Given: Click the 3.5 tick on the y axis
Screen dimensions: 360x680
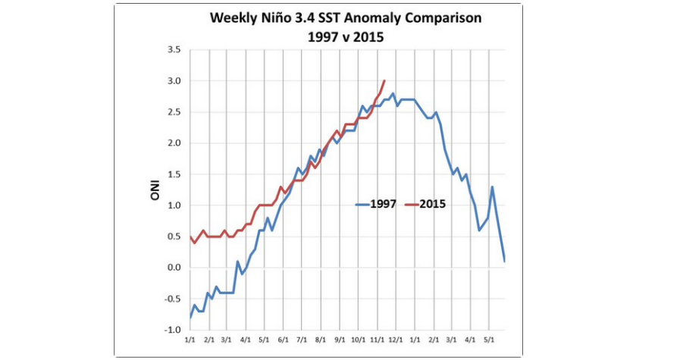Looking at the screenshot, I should pyautogui.click(x=174, y=50).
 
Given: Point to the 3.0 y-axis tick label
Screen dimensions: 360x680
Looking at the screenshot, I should pyautogui.click(x=174, y=81).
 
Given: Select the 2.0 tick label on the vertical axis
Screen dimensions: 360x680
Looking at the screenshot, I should pyautogui.click(x=174, y=143).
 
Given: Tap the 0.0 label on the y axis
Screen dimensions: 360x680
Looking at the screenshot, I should pyautogui.click(x=174, y=268).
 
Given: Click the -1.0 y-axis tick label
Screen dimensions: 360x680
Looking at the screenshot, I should pyautogui.click(x=172, y=330).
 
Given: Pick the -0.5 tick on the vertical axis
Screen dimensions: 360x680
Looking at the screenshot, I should pyautogui.click(x=172, y=299).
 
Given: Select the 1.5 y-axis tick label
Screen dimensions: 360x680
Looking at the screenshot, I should pyautogui.click(x=174, y=174).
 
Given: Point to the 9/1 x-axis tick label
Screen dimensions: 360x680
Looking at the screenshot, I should pyautogui.click(x=340, y=341).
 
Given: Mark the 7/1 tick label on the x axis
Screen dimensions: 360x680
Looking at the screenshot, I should pyautogui.click(x=302, y=341).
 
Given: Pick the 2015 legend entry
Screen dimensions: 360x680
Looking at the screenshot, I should pyautogui.click(x=430, y=204).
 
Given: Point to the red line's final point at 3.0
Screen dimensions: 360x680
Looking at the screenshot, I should pyautogui.click(x=385, y=81).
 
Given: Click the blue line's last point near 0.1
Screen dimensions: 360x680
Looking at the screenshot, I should pyautogui.click(x=504, y=261).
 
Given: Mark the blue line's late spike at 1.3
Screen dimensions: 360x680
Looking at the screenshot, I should pyautogui.click(x=493, y=186).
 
